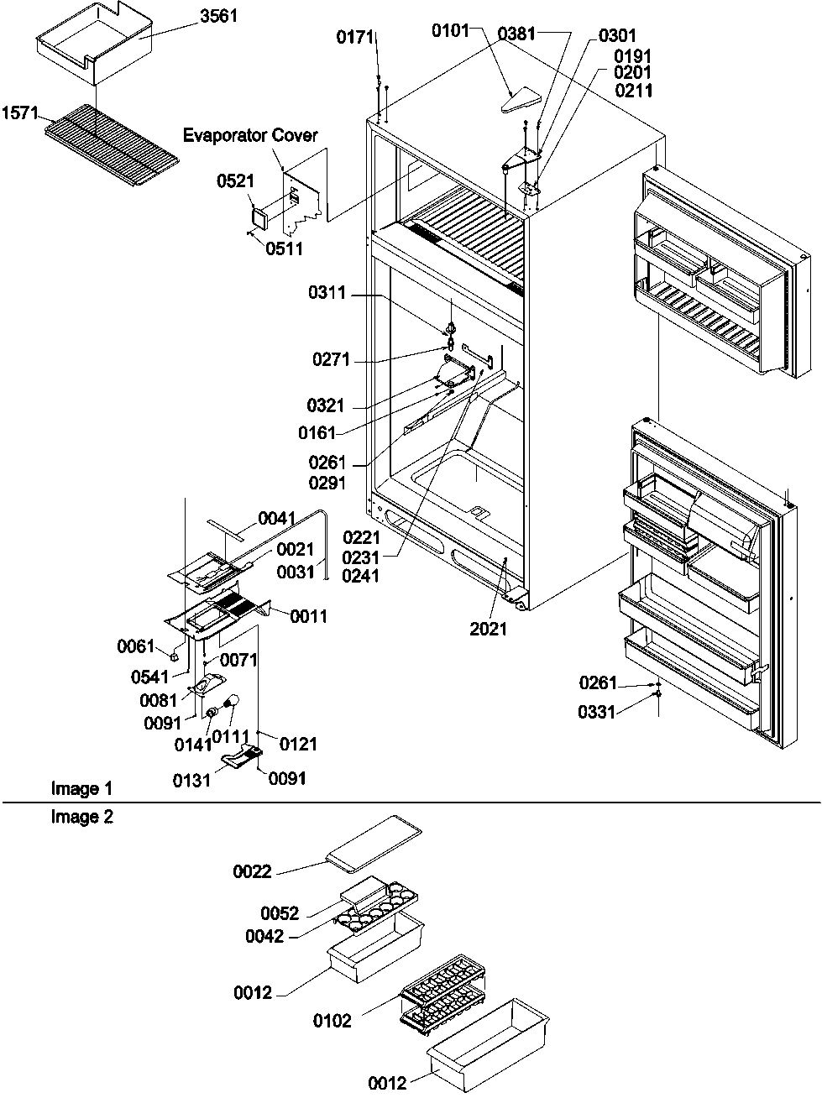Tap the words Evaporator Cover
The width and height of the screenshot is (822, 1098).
pyautogui.click(x=251, y=135)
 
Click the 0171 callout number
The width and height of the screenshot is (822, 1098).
pyautogui.click(x=354, y=37)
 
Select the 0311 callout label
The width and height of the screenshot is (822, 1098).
pyautogui.click(x=327, y=295)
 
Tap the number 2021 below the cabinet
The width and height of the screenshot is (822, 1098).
pyautogui.click(x=489, y=628)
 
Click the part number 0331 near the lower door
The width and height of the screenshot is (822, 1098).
pyautogui.click(x=596, y=712)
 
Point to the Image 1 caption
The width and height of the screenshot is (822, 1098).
pyautogui.click(x=81, y=788)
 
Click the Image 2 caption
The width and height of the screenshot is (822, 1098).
pyautogui.click(x=81, y=817)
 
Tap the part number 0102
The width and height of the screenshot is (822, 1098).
pyautogui.click(x=332, y=1021)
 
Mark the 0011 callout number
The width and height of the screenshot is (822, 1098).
pyautogui.click(x=309, y=616)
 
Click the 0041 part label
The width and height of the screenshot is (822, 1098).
pyautogui.click(x=277, y=520)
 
